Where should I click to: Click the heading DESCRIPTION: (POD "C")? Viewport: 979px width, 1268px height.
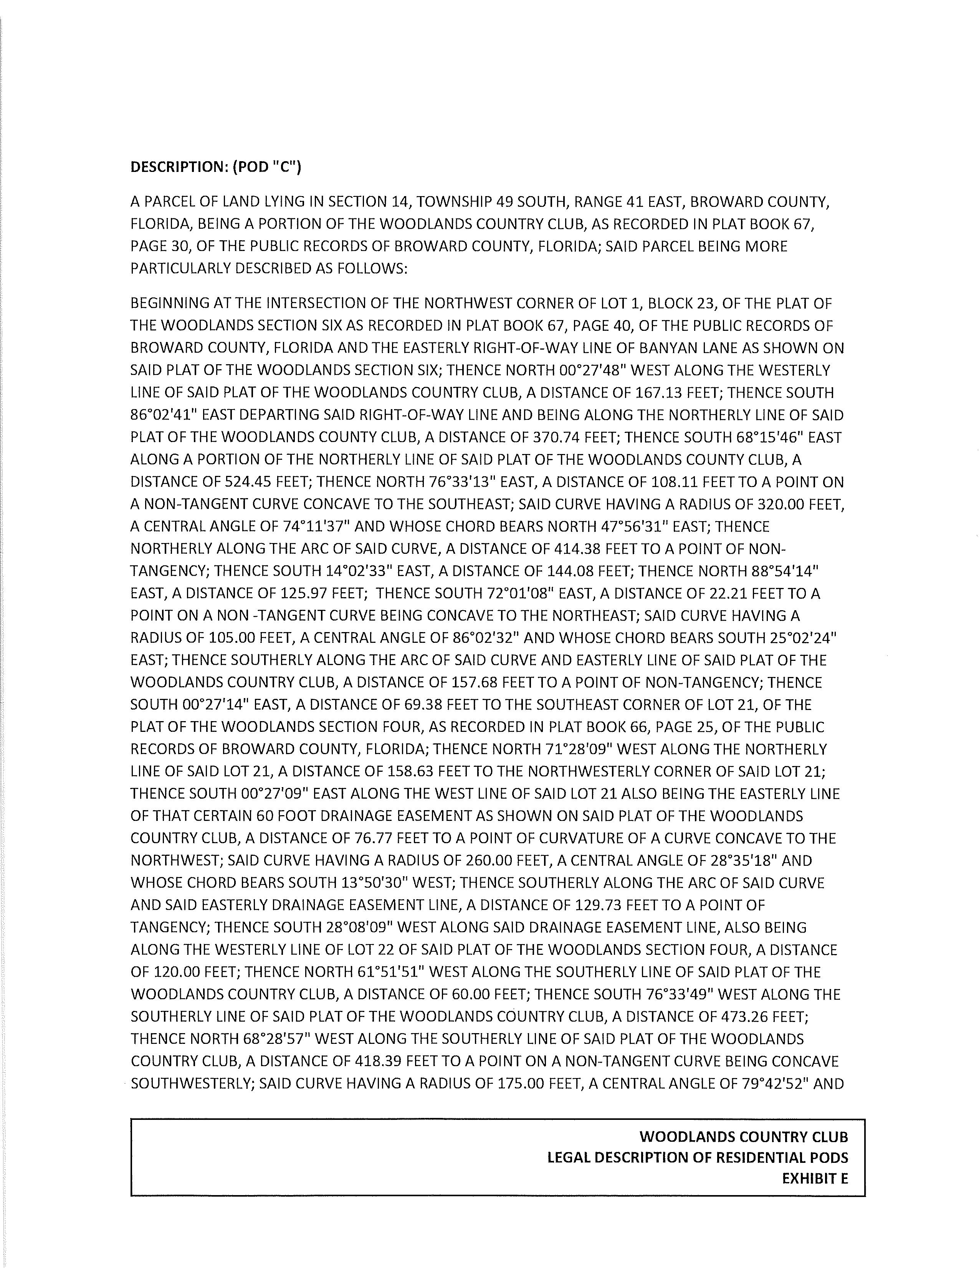coord(215,167)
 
